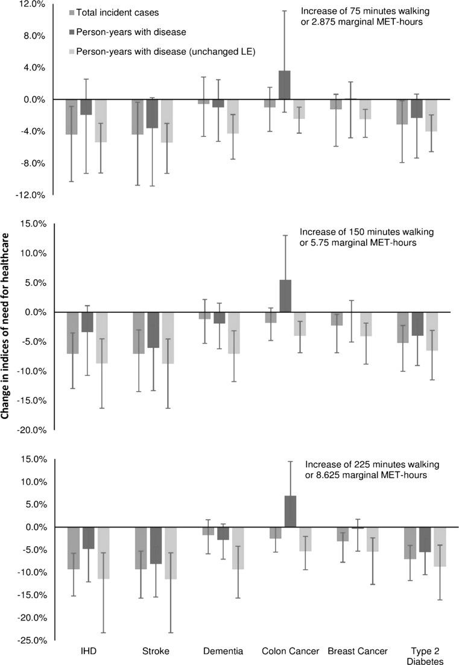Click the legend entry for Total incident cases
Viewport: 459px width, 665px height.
113,12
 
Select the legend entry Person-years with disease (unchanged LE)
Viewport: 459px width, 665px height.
165,52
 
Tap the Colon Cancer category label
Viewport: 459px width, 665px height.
282,652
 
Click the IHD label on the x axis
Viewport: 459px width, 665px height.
88,652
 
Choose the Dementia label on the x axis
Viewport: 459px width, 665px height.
223,652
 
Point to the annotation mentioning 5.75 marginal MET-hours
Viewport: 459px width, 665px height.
359,242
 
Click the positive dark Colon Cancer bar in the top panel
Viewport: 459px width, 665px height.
283,85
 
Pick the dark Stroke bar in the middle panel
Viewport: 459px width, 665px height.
154,330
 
